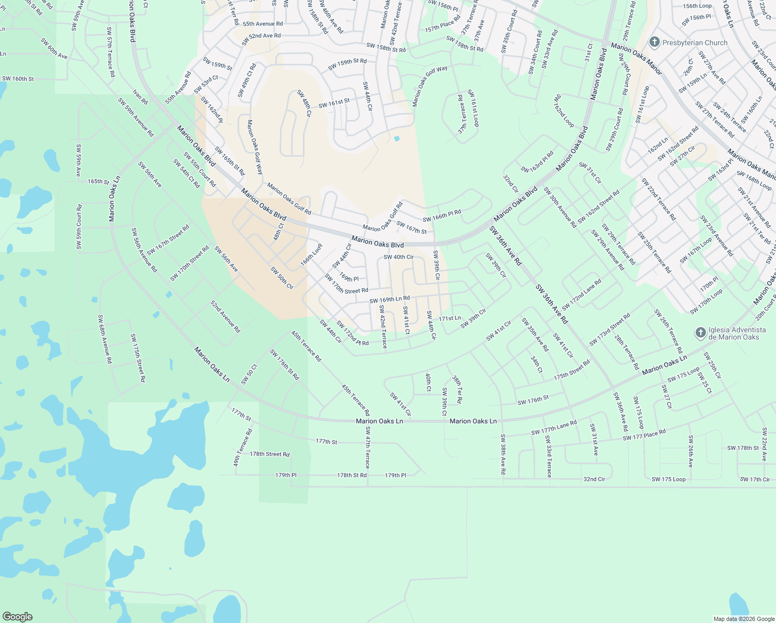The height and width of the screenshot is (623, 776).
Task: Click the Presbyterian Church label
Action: tap(695, 43)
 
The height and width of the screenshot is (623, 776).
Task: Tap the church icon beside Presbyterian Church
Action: tap(654, 42)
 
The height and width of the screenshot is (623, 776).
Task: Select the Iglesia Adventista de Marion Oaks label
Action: tap(737, 333)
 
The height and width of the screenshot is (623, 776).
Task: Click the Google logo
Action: tap(17, 616)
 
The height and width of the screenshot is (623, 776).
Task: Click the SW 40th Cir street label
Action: tap(398, 257)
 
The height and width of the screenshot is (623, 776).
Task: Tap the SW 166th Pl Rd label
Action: tap(441, 216)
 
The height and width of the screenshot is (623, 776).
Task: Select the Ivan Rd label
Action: tap(140, 97)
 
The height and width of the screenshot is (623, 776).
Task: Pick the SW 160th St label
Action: tap(18, 79)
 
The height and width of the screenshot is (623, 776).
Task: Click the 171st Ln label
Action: tap(450, 318)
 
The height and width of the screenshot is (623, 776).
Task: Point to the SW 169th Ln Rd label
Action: tap(390, 300)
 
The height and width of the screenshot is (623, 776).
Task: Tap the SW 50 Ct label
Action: tap(249, 374)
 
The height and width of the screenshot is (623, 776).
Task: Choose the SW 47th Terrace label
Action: tap(368, 448)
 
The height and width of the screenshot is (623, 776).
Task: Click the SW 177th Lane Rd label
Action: tap(554, 428)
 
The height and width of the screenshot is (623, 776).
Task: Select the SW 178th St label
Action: tap(743, 448)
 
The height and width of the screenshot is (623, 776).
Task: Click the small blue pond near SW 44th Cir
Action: tap(397, 139)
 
